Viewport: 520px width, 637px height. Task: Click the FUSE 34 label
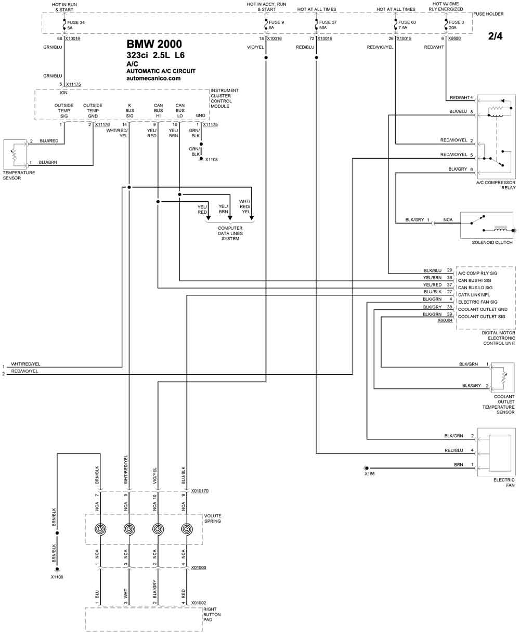pyautogui.click(x=75, y=22)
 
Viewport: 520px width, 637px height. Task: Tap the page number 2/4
pyautogui.click(x=496, y=36)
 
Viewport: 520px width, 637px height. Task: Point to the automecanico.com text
pyautogui.click(x=153, y=78)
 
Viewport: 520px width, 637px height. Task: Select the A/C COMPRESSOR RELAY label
pyautogui.click(x=496, y=185)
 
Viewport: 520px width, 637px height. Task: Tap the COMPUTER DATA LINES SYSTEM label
pyautogui.click(x=230, y=233)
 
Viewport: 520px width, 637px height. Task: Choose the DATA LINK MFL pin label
pyautogui.click(x=474, y=295)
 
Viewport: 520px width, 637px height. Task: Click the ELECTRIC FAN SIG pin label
pyautogui.click(x=477, y=302)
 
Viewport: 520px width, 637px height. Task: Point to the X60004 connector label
pyautogui.click(x=445, y=320)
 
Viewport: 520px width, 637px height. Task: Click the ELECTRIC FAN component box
pyautogui.click(x=496, y=450)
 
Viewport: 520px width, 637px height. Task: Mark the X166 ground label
pyautogui.click(x=369, y=474)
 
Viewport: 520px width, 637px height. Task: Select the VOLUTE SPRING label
pyautogui.click(x=213, y=518)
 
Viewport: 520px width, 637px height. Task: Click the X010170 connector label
pyautogui.click(x=200, y=490)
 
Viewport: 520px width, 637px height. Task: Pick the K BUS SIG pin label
pyautogui.click(x=129, y=110)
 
